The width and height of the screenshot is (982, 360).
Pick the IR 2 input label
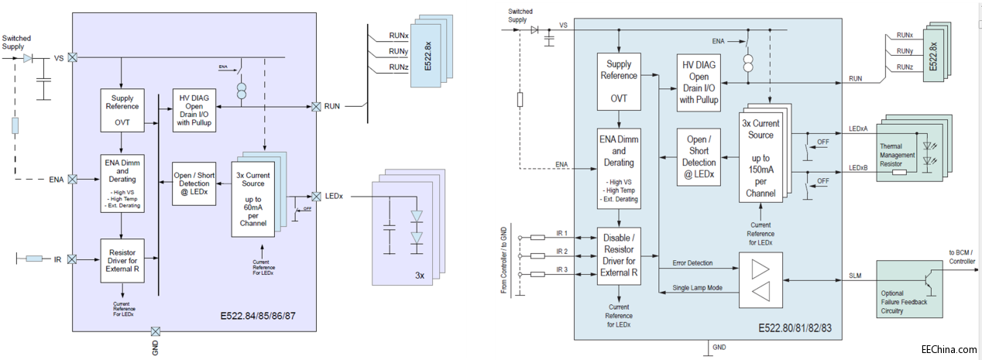562,252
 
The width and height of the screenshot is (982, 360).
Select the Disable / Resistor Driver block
619,255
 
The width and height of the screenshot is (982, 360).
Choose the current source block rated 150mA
761,158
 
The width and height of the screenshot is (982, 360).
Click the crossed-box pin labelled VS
72,57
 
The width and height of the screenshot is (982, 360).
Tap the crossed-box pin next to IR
72,259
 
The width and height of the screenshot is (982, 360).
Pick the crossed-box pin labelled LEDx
316,196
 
